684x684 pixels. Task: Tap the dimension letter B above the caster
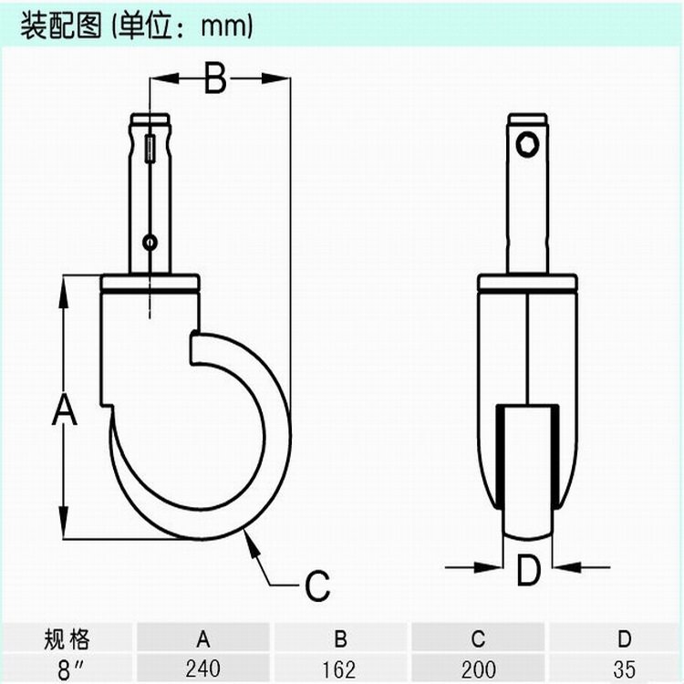[213, 79]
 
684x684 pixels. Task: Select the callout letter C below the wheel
[316, 586]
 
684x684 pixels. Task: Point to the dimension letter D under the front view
[528, 571]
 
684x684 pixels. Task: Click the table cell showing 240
[202, 668]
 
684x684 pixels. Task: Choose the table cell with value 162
[338, 668]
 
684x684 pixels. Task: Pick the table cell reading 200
[478, 668]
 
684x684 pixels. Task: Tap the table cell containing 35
[624, 668]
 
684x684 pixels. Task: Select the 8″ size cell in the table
[65, 668]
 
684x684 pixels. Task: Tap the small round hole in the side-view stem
[150, 242]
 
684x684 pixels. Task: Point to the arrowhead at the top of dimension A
[64, 284]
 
